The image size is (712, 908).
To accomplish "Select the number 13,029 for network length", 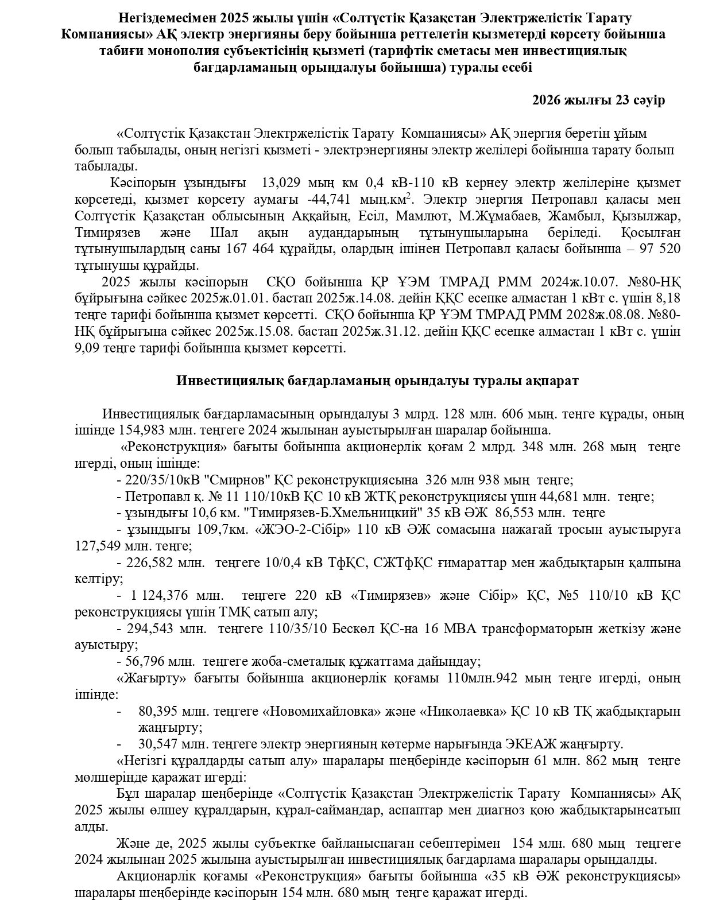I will click(280, 183).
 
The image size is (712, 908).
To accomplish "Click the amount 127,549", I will click(94, 546).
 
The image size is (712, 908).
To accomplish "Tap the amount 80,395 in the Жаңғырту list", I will click(157, 712).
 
